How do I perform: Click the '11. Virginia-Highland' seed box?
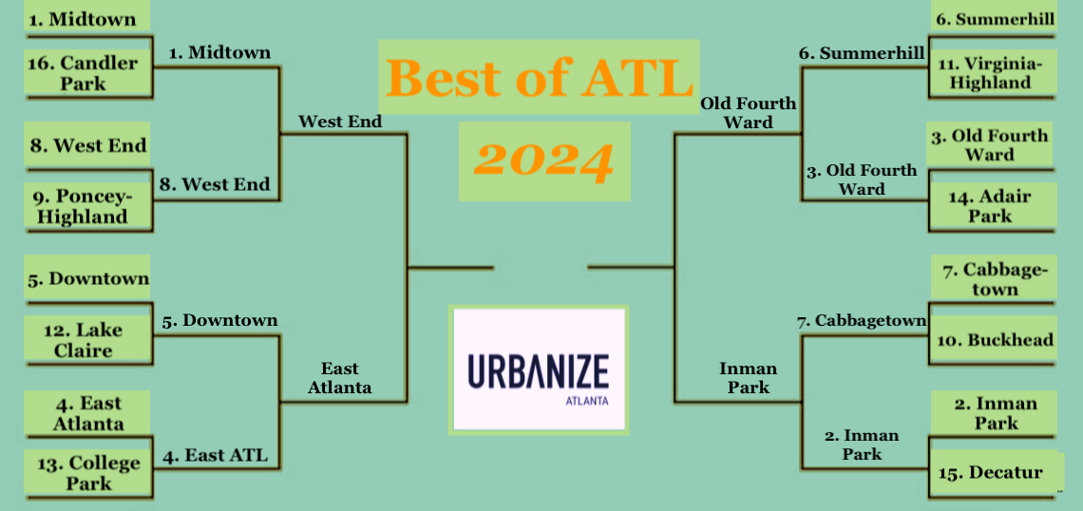click(x=993, y=73)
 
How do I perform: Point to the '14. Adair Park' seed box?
click(x=993, y=206)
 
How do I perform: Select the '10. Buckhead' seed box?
click(x=993, y=340)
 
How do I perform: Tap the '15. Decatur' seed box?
click(x=993, y=473)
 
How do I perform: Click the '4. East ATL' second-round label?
click(x=215, y=456)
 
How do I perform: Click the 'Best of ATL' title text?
click(x=540, y=77)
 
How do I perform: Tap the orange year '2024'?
click(x=544, y=161)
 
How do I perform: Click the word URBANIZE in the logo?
click(x=539, y=370)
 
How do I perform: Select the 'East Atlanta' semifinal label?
click(x=340, y=378)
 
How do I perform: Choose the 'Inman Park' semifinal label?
click(x=748, y=378)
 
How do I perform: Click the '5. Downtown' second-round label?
click(x=220, y=320)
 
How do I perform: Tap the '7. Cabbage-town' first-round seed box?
click(x=993, y=279)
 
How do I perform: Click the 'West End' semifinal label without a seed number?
click(x=340, y=122)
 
